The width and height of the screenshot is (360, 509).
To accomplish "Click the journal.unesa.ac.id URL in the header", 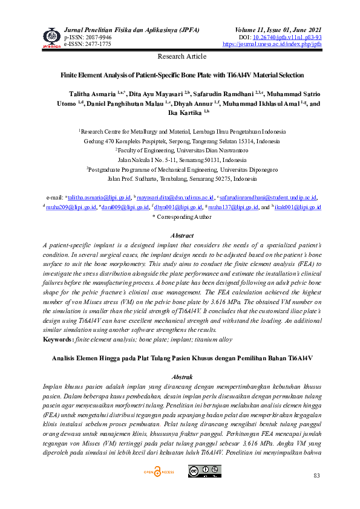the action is point(272,44).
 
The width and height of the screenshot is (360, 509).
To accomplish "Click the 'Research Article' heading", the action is point(182,56).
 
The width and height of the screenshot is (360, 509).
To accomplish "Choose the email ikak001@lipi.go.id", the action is point(299,207).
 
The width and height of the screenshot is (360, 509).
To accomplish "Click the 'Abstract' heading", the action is point(182,235).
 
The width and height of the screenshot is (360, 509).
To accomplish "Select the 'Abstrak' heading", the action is point(182,376).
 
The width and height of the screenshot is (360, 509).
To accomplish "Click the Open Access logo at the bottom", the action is point(158,471).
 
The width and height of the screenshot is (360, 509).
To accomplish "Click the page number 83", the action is point(316,477).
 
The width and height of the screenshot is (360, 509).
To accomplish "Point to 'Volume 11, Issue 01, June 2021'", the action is point(278,30).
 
